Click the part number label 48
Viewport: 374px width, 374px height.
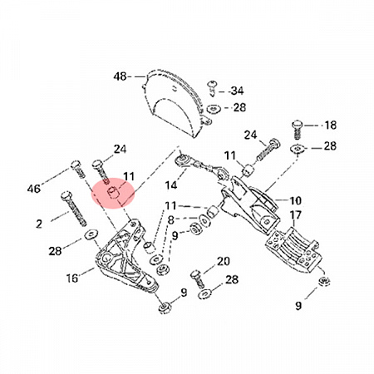(120, 76)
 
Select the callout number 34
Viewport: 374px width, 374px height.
(237, 91)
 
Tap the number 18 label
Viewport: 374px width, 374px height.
(330, 125)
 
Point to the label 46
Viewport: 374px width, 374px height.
(34, 189)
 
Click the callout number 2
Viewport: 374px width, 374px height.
(39, 224)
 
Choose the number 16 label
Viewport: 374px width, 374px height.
(72, 278)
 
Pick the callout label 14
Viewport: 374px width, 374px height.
(171, 185)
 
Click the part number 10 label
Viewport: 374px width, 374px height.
(295, 200)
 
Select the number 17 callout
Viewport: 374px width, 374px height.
(295, 215)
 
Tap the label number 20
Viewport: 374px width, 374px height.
(224, 261)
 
